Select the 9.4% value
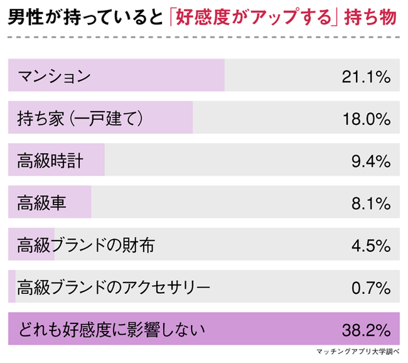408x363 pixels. pos(371,161)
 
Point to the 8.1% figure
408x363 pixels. pos(371,203)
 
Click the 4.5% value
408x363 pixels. pos(371,245)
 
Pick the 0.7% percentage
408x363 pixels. pos(371,287)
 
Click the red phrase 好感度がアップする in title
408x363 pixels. pos(254,17)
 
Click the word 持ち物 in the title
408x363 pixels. pos(373,17)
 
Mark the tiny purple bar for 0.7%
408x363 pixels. pos(11,287)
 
